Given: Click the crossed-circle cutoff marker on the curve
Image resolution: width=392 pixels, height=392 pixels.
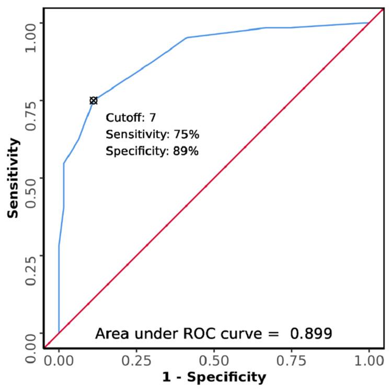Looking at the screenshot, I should click(x=93, y=100).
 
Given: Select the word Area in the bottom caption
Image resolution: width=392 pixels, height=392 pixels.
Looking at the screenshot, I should click(x=110, y=333).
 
